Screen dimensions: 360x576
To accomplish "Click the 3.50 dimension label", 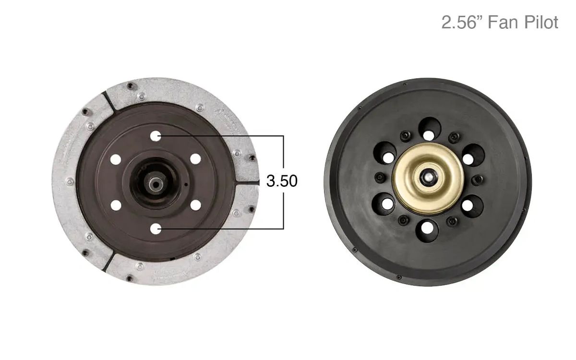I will coord(282,181).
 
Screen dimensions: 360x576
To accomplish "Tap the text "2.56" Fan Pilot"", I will coord(500,23).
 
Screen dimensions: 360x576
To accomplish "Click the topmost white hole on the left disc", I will coord(155,136).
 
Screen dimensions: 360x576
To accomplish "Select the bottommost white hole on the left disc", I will coord(155,229).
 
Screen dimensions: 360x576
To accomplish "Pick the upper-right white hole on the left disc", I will coord(195,158).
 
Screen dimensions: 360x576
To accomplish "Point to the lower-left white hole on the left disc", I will coord(115,205).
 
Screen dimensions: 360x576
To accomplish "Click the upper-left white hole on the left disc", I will coord(115,159).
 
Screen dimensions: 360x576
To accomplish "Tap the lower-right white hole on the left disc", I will coord(195,205).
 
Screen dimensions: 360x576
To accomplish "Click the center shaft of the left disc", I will coord(155,182).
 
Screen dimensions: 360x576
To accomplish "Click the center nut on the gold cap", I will coord(427,176).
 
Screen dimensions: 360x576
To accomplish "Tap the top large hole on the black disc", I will coord(429,128).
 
